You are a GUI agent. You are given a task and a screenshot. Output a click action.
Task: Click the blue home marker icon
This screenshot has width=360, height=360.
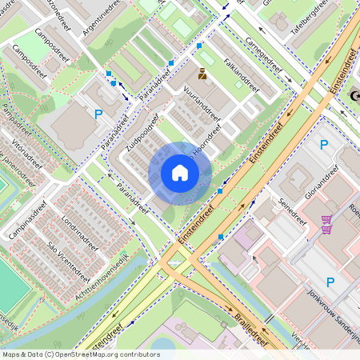pyautogui.click(x=180, y=173)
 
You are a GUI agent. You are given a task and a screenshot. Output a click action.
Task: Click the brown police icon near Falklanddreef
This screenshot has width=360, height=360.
pyautogui.click(x=201, y=74)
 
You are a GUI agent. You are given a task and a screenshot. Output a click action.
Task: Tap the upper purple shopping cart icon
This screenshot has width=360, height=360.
pyautogui.click(x=326, y=219)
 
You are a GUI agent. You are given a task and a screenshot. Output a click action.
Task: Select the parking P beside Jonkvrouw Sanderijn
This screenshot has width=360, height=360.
pyautogui.click(x=330, y=282)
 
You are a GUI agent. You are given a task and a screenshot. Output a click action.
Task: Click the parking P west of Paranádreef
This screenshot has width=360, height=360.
pyautogui.click(x=98, y=114)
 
